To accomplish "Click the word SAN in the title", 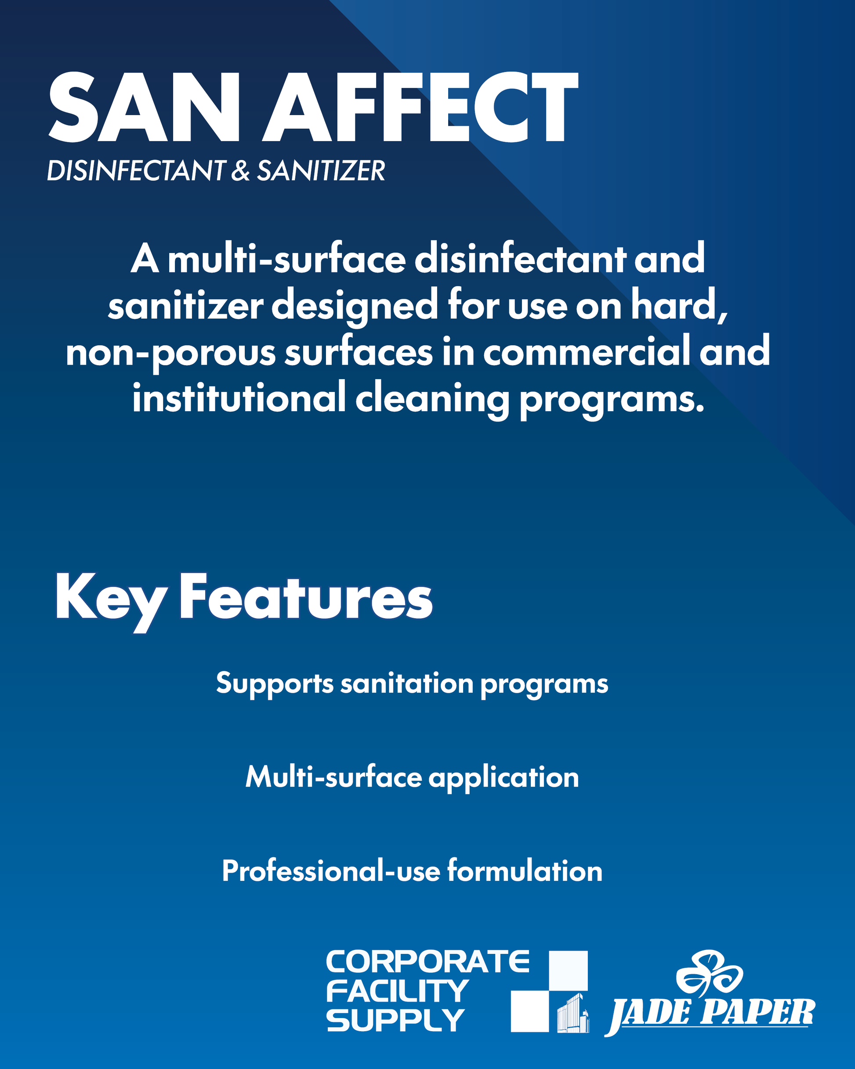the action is click(144, 107).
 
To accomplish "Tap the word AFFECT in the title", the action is click(420, 107).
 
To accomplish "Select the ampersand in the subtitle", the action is click(240, 170).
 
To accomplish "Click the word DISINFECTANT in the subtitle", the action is click(136, 170).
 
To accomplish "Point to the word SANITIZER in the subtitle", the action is click(321, 170).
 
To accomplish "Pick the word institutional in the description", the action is click(239, 398).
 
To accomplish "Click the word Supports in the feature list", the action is click(275, 685).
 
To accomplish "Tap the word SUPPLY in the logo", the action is click(395, 1020).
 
